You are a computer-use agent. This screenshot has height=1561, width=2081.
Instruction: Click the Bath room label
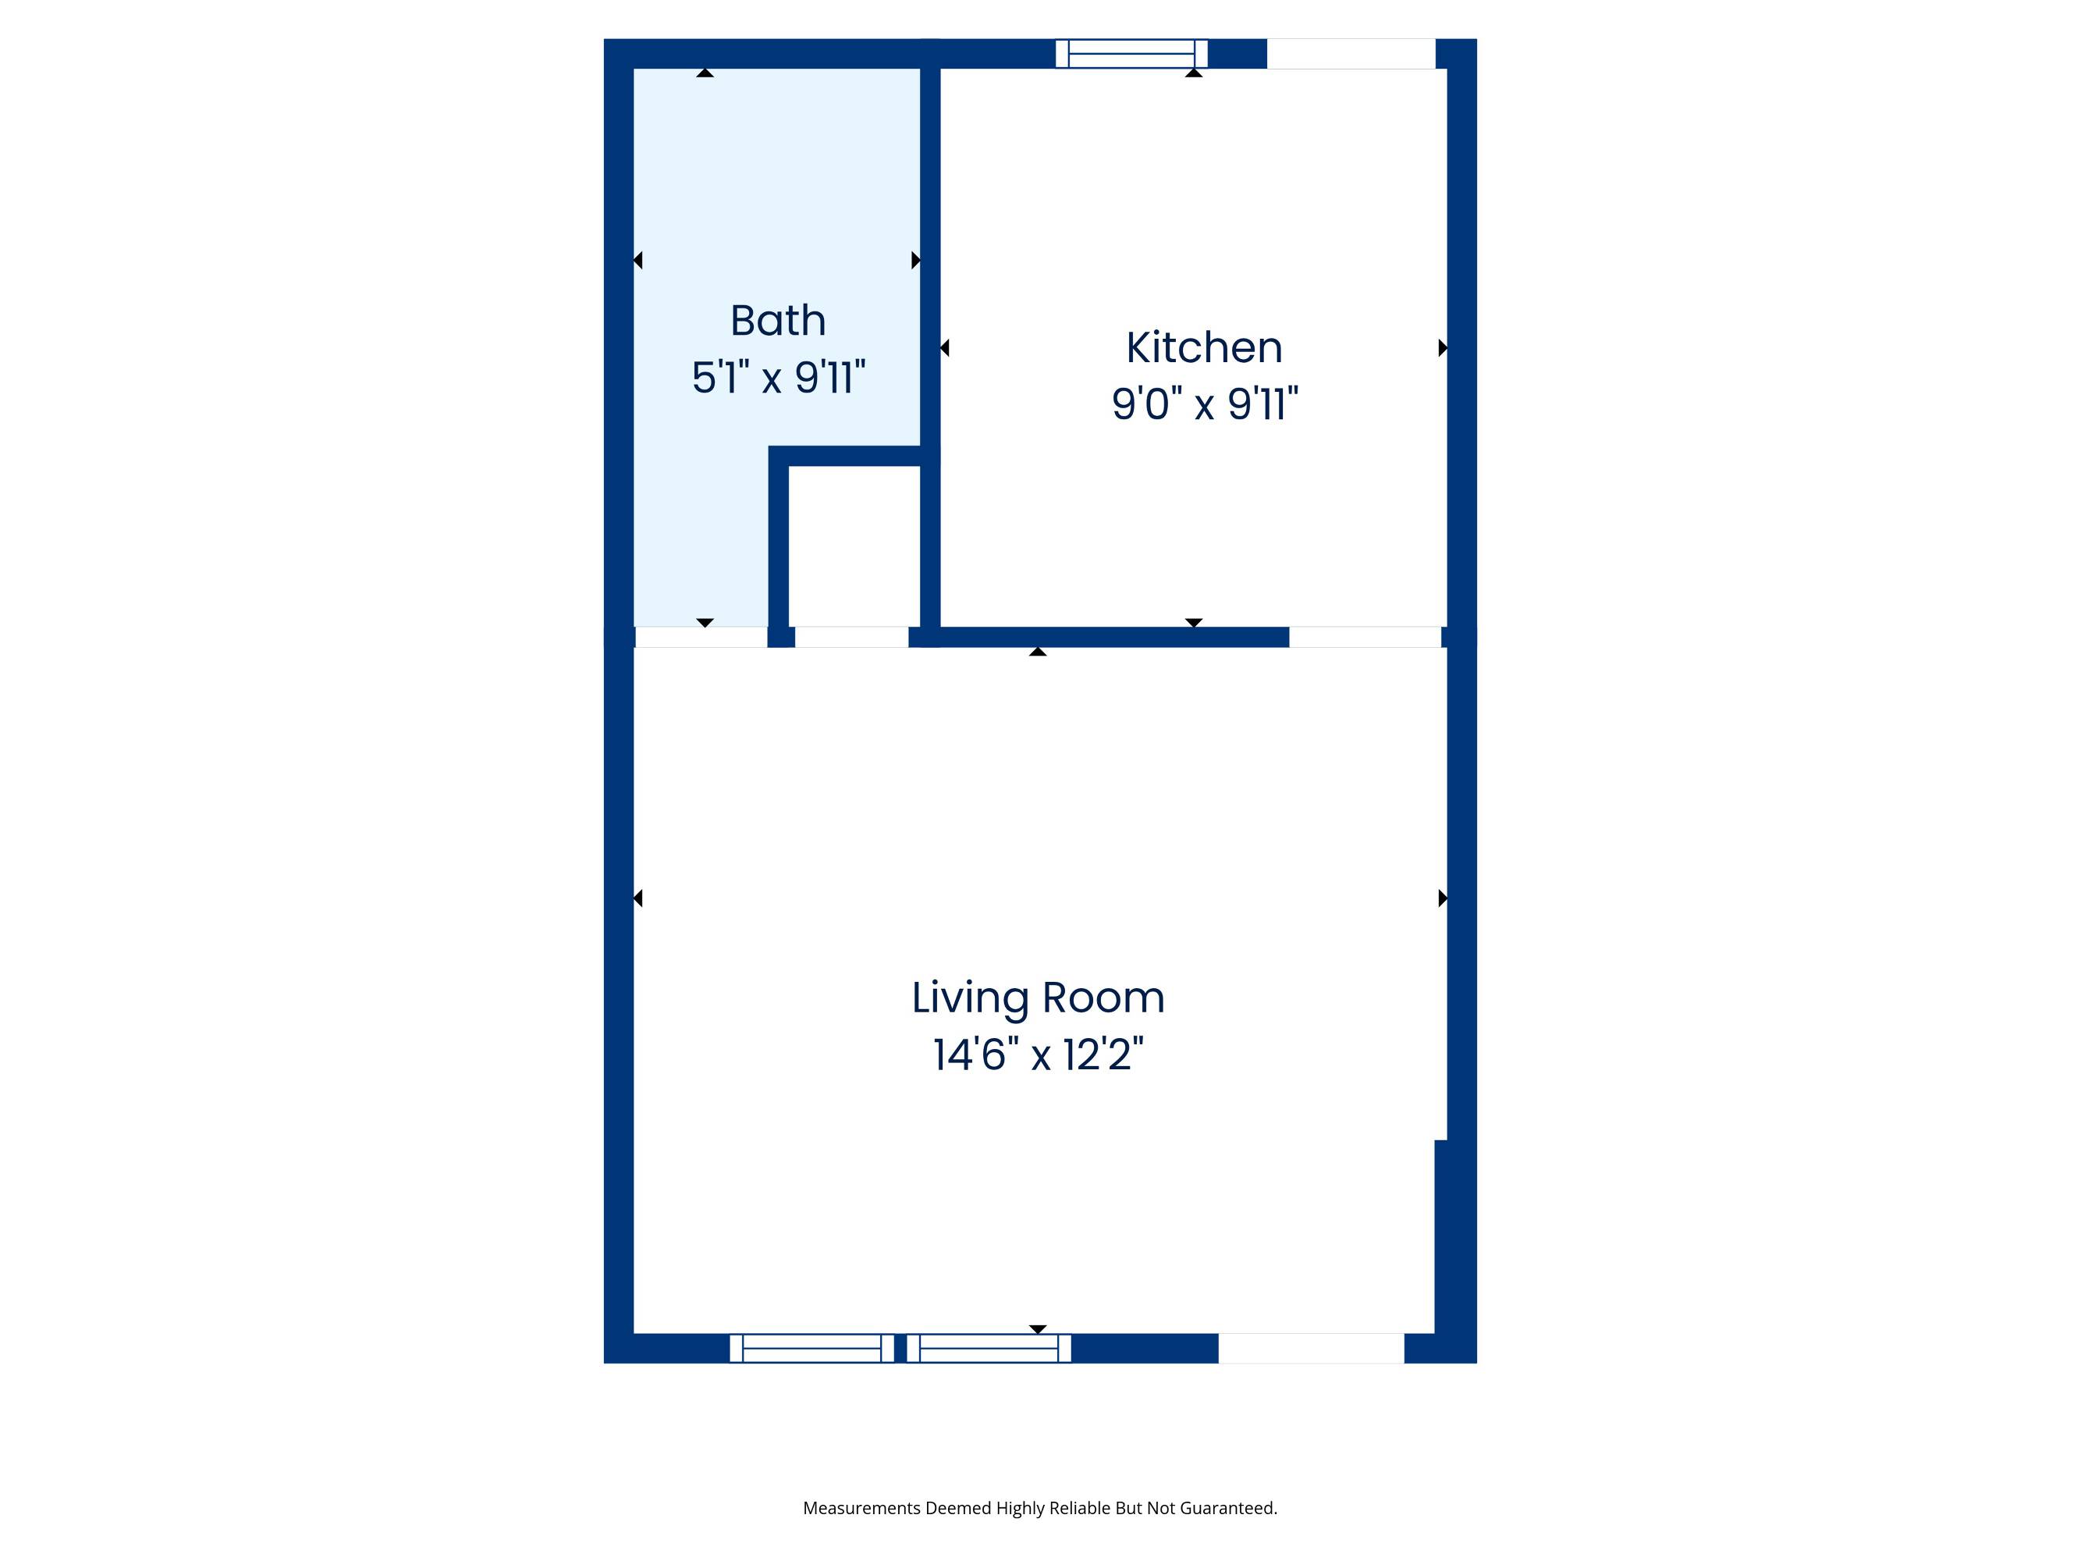click(778, 321)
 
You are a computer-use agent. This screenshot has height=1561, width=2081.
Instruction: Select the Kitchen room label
click(1204, 348)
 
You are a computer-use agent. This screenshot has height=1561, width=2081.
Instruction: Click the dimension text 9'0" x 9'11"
click(1204, 404)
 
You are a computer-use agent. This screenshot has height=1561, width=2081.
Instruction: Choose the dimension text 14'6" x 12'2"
click(1038, 1054)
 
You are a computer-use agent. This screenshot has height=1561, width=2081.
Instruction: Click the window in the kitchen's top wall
click(1131, 54)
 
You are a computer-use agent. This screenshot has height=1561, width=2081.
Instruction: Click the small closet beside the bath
click(854, 546)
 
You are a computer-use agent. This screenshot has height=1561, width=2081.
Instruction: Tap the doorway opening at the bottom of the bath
click(701, 637)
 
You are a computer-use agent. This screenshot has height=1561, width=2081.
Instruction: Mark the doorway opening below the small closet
click(851, 637)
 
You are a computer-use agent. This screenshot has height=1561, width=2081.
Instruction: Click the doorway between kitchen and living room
click(1365, 637)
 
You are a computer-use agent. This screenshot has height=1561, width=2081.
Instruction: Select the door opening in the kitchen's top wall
click(1351, 54)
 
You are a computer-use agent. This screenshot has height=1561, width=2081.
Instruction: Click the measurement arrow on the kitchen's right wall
click(1444, 348)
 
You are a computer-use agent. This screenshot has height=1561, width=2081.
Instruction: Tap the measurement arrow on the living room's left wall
click(637, 898)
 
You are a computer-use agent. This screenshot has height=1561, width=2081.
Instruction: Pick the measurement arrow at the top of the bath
click(705, 73)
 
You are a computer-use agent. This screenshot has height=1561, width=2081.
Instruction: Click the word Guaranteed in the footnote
click(1229, 1508)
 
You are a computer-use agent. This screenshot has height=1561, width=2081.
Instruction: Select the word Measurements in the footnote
click(861, 1508)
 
